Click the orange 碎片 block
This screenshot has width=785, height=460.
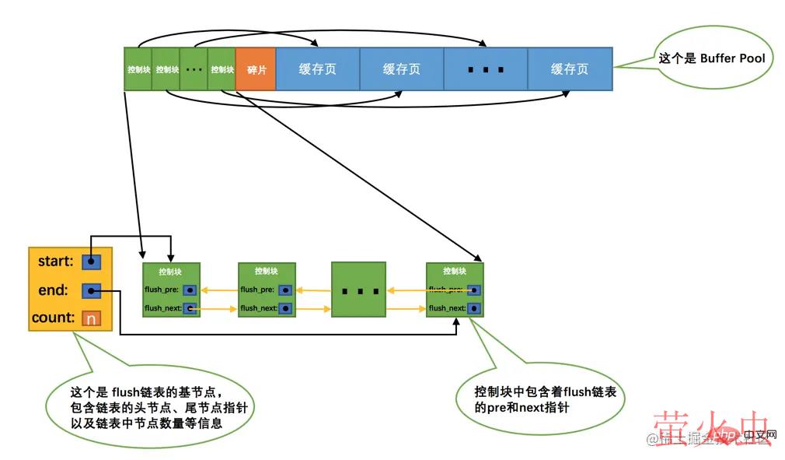click(x=256, y=69)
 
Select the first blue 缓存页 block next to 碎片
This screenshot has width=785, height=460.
click(x=318, y=69)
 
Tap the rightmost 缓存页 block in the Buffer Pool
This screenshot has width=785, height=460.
click(x=570, y=69)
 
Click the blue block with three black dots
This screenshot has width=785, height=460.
click(x=486, y=69)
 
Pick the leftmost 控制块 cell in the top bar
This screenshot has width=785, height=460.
click(x=138, y=69)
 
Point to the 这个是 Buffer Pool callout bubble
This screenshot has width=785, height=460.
click(x=711, y=58)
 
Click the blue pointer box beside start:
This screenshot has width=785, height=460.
click(x=91, y=262)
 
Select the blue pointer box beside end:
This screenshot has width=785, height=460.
click(x=91, y=291)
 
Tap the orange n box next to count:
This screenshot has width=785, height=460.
click(x=91, y=318)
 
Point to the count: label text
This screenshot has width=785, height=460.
click(x=53, y=318)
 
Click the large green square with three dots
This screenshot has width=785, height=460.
click(x=359, y=290)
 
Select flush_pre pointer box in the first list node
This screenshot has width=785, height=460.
click(x=190, y=290)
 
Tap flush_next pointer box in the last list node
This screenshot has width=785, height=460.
click(x=473, y=308)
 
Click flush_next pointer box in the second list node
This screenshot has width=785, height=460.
click(x=285, y=308)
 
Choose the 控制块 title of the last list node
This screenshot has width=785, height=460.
click(x=455, y=272)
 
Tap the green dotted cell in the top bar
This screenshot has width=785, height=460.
click(x=194, y=69)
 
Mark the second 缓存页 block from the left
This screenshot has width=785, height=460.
click(x=402, y=69)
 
